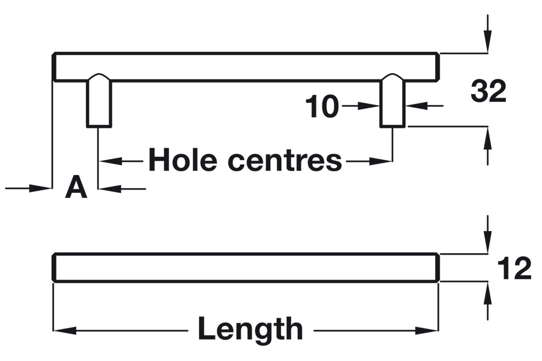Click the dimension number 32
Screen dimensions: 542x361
[x=488, y=92]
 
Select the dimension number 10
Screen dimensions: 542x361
[x=322, y=106]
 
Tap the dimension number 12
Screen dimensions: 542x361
[x=514, y=268]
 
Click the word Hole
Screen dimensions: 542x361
[x=182, y=160]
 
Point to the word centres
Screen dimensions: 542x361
[x=285, y=161]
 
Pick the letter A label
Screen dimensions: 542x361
[x=76, y=187]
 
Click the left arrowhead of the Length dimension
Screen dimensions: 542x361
[x=64, y=330]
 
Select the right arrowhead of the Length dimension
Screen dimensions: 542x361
[x=426, y=330]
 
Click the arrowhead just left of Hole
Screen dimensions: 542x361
[x=111, y=161]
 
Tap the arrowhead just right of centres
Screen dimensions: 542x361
[x=381, y=161]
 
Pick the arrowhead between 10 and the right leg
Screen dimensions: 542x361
[x=368, y=106]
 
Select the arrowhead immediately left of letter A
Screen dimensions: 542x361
[x=40, y=188]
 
